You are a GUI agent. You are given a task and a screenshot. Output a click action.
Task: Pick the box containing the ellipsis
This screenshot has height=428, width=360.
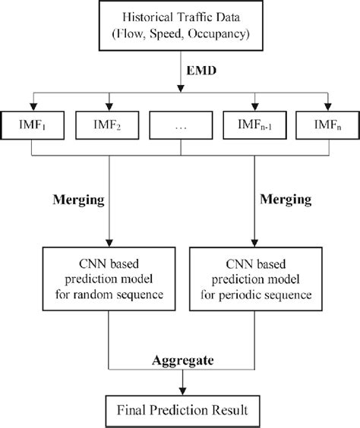[x=179, y=123]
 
